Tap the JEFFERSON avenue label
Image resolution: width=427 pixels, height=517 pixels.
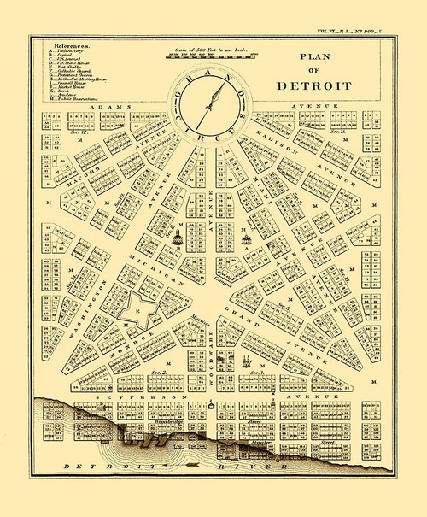coord(139,398)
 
